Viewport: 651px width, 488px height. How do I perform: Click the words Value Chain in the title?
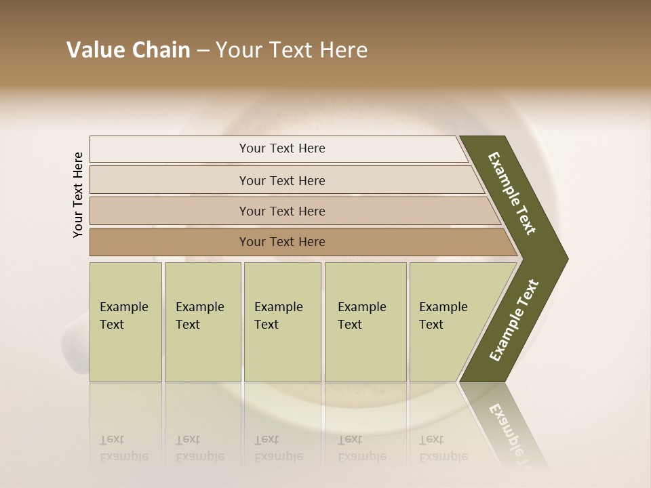(x=128, y=50)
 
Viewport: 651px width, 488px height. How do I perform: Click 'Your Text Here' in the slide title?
(x=292, y=50)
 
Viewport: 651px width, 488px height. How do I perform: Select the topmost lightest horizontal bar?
(x=170, y=148)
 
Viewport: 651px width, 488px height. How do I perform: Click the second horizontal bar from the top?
(x=170, y=180)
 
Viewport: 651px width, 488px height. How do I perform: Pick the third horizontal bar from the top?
(x=170, y=211)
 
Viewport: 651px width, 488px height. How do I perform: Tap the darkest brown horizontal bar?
(x=170, y=242)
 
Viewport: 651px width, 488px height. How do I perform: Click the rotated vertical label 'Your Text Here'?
(x=78, y=195)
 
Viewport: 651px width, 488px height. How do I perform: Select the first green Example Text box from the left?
(x=125, y=323)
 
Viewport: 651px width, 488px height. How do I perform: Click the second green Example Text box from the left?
(x=202, y=323)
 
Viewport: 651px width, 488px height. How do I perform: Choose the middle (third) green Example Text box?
(x=282, y=323)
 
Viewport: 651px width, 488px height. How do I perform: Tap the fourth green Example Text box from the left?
(x=366, y=323)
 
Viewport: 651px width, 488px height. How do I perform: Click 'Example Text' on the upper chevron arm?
(x=512, y=193)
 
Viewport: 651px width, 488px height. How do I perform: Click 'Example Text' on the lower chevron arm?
(x=513, y=321)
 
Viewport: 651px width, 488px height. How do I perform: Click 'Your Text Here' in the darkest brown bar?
(x=282, y=242)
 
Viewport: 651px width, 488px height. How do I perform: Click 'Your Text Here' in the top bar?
(x=282, y=148)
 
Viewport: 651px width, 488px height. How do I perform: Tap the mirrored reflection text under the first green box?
(x=123, y=448)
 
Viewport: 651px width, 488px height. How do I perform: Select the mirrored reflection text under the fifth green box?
(x=443, y=448)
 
